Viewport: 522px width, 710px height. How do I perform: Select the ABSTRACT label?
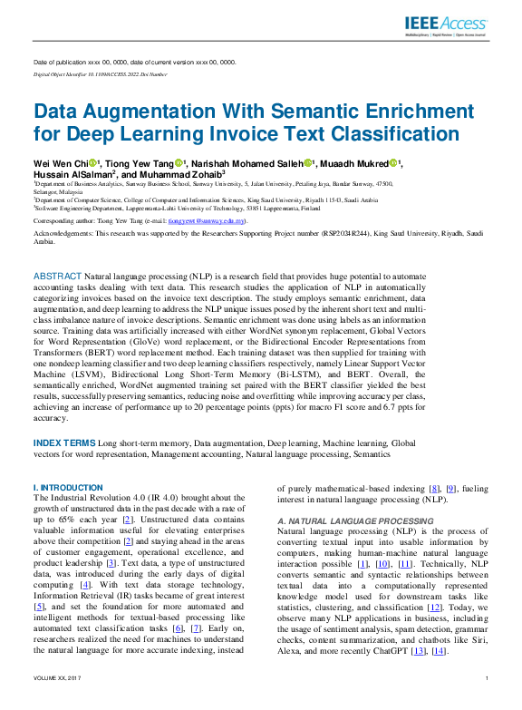point(57,274)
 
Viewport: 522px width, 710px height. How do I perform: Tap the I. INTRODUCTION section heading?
point(67,487)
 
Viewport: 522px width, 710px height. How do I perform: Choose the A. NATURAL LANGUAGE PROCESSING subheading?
point(342,521)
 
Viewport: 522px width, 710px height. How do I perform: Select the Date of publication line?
point(133,62)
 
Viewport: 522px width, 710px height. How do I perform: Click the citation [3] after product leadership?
point(110,562)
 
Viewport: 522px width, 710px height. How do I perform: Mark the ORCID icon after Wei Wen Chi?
point(92,163)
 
